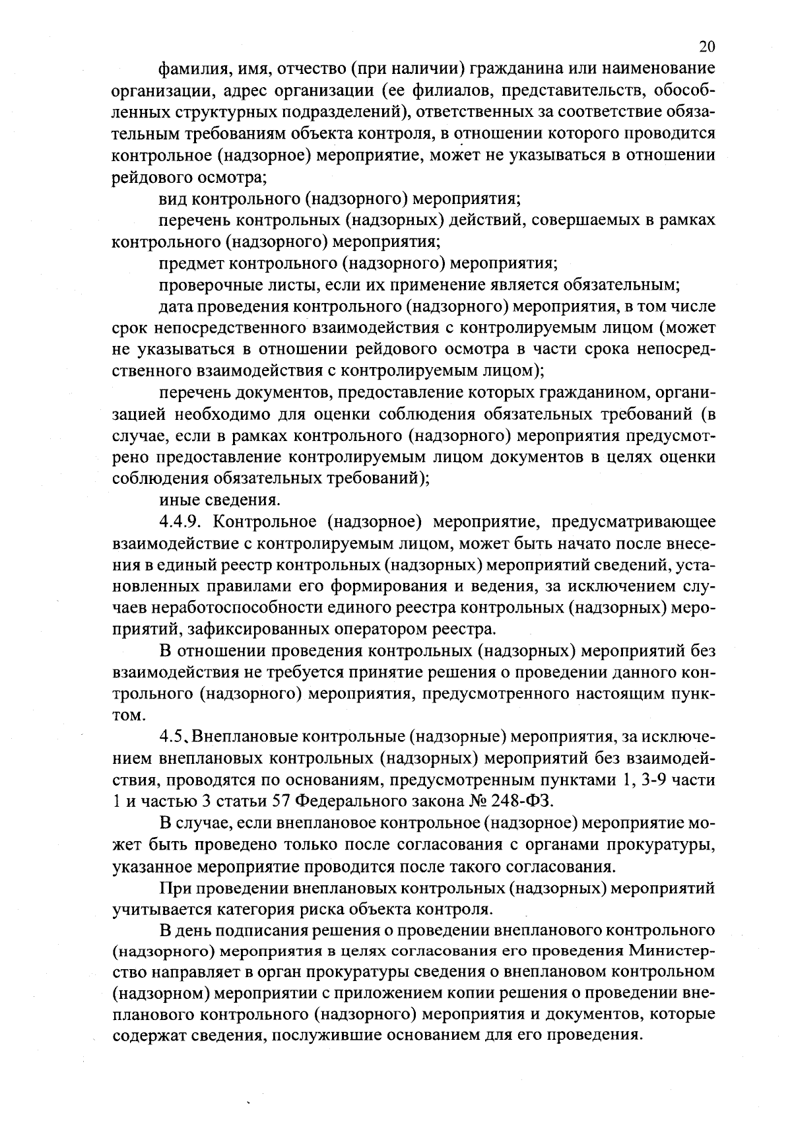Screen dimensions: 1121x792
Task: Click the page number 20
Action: pyautogui.click(x=706, y=46)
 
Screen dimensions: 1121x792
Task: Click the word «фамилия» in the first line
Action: pyautogui.click(x=188, y=68)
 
